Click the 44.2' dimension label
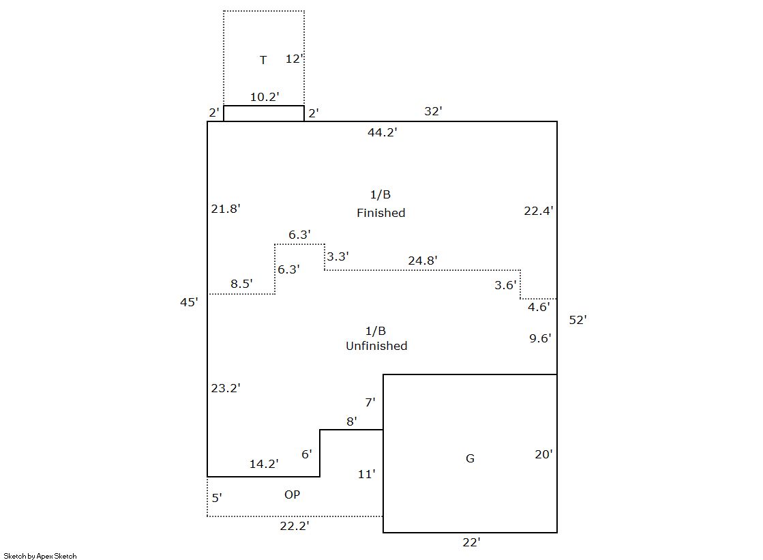point(382,132)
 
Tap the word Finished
point(380,213)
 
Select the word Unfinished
point(376,346)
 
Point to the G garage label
point(470,458)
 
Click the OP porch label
point(292,495)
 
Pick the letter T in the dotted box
point(263,60)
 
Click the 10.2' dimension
point(264,97)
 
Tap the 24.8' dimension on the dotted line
point(423,260)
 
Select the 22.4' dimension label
point(538,211)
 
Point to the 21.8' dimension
point(225,209)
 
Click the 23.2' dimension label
point(225,388)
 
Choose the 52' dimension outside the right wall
point(578,319)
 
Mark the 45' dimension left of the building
point(189,301)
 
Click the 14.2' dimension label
point(263,464)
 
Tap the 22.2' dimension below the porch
point(295,526)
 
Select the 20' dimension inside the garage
point(543,454)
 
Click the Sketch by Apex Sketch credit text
point(40,556)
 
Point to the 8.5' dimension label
point(241,283)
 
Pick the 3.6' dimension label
point(506,285)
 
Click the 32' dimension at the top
point(433,111)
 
